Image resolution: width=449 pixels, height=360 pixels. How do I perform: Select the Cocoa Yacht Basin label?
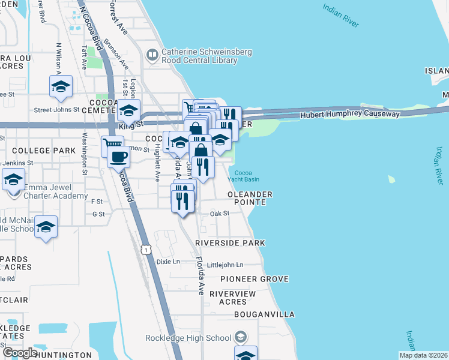pyautogui.click(x=246, y=176)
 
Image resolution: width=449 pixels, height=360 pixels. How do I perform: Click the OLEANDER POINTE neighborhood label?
pyautogui.click(x=250, y=198)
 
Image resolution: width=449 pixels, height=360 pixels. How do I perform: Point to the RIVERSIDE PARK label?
pyautogui.click(x=230, y=242)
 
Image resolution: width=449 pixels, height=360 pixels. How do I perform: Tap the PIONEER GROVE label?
pyautogui.click(x=254, y=279)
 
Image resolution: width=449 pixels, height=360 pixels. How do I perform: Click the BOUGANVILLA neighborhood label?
pyautogui.click(x=264, y=314)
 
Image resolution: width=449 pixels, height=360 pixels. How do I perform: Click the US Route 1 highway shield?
pyautogui.click(x=145, y=248)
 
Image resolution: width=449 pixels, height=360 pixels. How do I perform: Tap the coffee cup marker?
pyautogui.click(x=118, y=157)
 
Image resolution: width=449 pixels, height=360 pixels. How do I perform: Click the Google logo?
pyautogui.click(x=20, y=353)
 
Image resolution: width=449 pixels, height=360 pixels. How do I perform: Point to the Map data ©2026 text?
pyautogui.click(x=423, y=355)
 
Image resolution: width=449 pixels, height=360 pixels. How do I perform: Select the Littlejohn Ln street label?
pyautogui.click(x=224, y=265)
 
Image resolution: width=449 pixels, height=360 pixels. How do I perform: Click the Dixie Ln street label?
pyautogui.click(x=168, y=262)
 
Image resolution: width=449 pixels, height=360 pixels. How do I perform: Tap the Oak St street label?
pyautogui.click(x=220, y=214)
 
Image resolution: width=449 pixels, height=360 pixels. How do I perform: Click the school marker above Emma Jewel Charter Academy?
pyautogui.click(x=13, y=179)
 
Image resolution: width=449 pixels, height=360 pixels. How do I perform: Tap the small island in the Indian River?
pyautogui.click(x=392, y=179)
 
